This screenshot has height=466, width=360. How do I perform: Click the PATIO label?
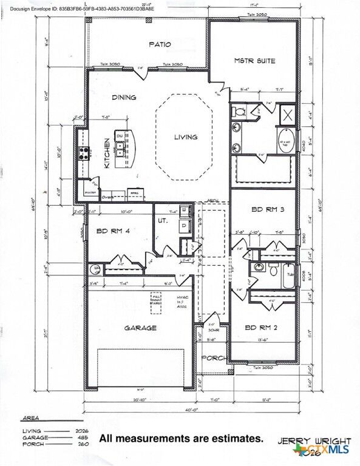coord(160,44)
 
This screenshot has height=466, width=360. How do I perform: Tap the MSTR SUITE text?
coord(254,61)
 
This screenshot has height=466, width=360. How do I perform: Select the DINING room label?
coord(124,97)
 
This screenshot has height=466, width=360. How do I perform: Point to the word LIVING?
coord(186,137)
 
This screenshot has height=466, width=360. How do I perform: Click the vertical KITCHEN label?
coord(107,155)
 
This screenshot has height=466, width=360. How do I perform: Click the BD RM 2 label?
coord(261,328)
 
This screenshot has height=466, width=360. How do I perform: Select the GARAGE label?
coord(141,328)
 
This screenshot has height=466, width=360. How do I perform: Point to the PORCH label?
coord(213,357)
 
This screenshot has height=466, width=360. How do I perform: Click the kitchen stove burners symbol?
coord(83,153)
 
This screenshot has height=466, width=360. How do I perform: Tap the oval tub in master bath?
coord(286,144)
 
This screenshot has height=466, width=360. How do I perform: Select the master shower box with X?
coord(287,114)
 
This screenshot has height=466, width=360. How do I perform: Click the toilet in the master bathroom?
coord(240,112)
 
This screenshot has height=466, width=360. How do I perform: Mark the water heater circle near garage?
coord(95,269)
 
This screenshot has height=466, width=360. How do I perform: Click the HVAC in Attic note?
coord(183,302)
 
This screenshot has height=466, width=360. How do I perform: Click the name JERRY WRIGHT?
coord(314,441)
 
